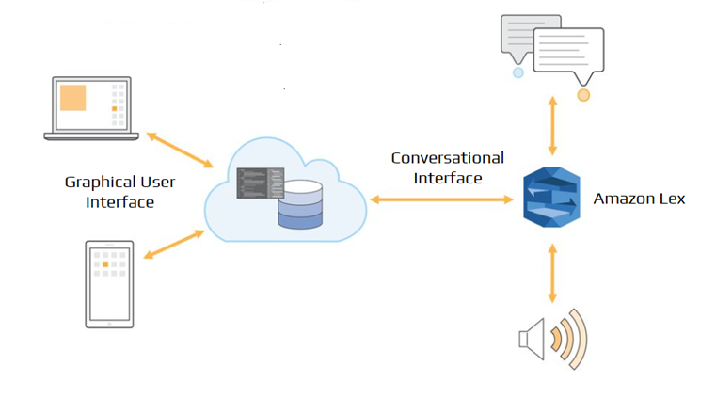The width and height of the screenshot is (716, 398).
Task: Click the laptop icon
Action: click(x=91, y=109)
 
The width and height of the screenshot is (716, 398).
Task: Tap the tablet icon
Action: click(x=109, y=283)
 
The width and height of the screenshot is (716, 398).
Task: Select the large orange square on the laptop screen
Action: click(x=72, y=98)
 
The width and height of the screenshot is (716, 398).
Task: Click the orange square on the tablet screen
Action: click(x=105, y=265)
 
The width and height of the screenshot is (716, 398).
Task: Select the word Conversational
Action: click(x=447, y=158)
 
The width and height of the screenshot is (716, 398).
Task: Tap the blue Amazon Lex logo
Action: click(x=551, y=198)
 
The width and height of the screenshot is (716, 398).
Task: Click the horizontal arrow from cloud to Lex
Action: click(x=441, y=199)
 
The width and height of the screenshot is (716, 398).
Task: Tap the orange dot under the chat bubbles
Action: click(x=583, y=95)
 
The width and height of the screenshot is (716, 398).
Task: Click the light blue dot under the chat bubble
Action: click(x=517, y=72)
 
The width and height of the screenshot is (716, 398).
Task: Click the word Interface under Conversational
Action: click(x=448, y=178)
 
